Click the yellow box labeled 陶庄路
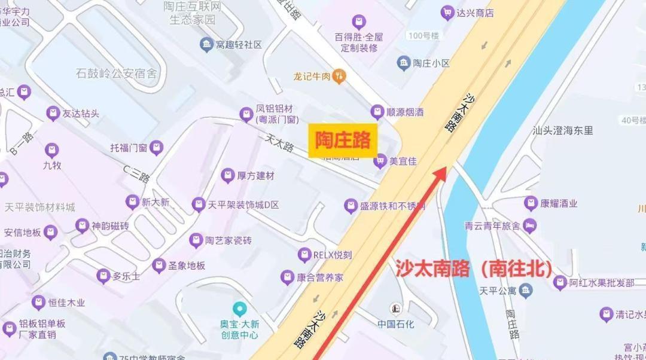click(x=343, y=141)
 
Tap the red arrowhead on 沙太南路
click(x=441, y=173)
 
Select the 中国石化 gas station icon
click(x=395, y=309)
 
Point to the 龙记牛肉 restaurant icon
click(x=340, y=76)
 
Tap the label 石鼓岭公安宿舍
click(x=116, y=74)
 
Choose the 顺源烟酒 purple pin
click(x=377, y=111)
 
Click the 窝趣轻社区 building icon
click(x=206, y=45)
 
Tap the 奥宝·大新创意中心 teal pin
click(x=239, y=309)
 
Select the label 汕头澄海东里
click(x=563, y=130)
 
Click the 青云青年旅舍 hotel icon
click(x=529, y=226)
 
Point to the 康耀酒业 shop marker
click(x=531, y=203)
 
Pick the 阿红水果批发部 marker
click(x=560, y=282)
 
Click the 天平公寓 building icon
click(x=526, y=291)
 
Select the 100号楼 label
click(x=423, y=36)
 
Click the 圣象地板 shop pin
click(x=159, y=266)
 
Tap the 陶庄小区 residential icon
click(x=404, y=63)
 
